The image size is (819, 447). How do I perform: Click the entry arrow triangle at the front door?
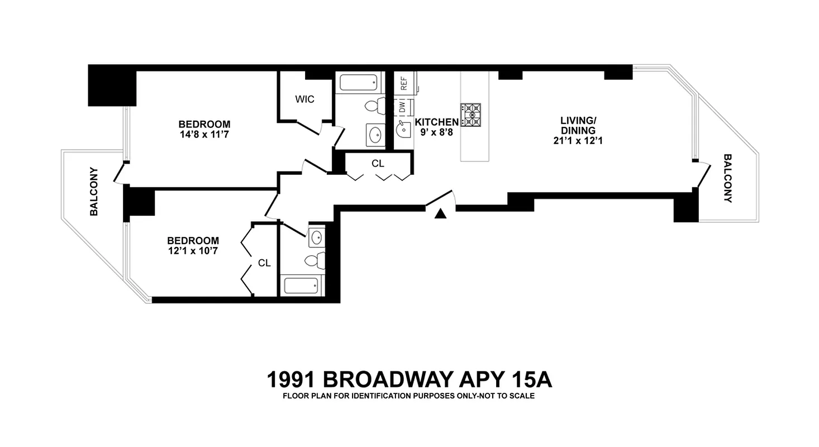[440, 213]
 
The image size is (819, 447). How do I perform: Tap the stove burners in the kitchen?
[470, 115]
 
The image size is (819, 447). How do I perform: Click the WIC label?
[304, 99]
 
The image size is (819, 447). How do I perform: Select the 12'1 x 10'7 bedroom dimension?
[193, 251]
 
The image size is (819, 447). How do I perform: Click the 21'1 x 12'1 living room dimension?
[578, 141]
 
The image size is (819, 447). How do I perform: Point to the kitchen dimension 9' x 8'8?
[437, 133]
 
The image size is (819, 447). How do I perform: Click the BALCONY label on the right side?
[727, 178]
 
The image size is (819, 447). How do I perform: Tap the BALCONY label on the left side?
[94, 191]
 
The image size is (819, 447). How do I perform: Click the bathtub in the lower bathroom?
[301, 286]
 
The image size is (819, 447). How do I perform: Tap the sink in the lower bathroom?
[316, 238]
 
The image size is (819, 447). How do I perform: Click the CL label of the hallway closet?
[378, 164]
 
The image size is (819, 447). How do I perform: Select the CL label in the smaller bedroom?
[264, 263]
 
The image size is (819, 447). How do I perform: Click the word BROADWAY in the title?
[388, 380]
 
